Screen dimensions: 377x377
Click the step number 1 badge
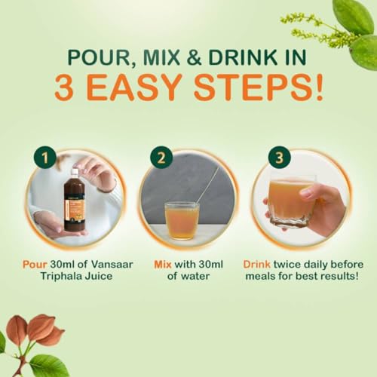pyautogui.click(x=45, y=158)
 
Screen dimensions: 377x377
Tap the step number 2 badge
pyautogui.click(x=161, y=158)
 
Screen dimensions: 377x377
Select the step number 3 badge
pyautogui.click(x=279, y=158)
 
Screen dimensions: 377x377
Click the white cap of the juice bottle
pyautogui.click(x=75, y=173)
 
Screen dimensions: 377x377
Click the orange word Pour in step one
pyautogui.click(x=35, y=265)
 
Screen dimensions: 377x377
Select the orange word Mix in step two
pyautogui.click(x=163, y=265)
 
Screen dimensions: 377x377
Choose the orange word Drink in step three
pyautogui.click(x=256, y=265)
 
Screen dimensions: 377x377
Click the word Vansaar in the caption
pyautogui.click(x=112, y=265)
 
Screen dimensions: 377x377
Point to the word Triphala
pyautogui.click(x=60, y=277)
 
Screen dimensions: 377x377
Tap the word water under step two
pyautogui.click(x=195, y=277)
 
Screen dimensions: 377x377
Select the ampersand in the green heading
pyautogui.click(x=194, y=57)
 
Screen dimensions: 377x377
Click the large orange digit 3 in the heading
pyautogui.click(x=64, y=87)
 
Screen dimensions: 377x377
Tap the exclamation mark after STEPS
pyautogui.click(x=319, y=87)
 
